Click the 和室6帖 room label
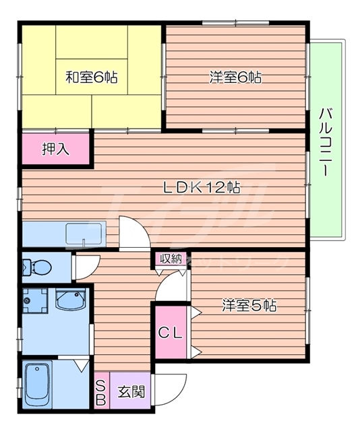click(x=91, y=77)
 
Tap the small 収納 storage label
click(x=171, y=259)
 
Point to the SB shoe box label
click(x=101, y=392)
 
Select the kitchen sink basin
click(x=82, y=234)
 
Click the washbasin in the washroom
click(x=70, y=299)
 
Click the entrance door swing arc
click(x=173, y=389)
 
